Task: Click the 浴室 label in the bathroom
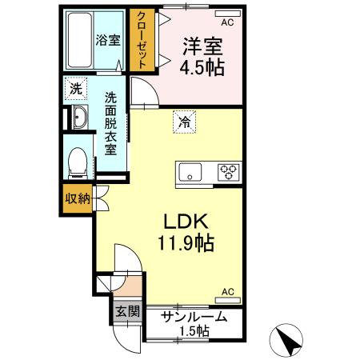107,40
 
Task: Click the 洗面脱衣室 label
111,124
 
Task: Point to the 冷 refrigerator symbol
184,122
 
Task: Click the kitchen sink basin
192,170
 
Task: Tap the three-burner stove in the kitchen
229,170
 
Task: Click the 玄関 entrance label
126,312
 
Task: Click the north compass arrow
290,342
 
